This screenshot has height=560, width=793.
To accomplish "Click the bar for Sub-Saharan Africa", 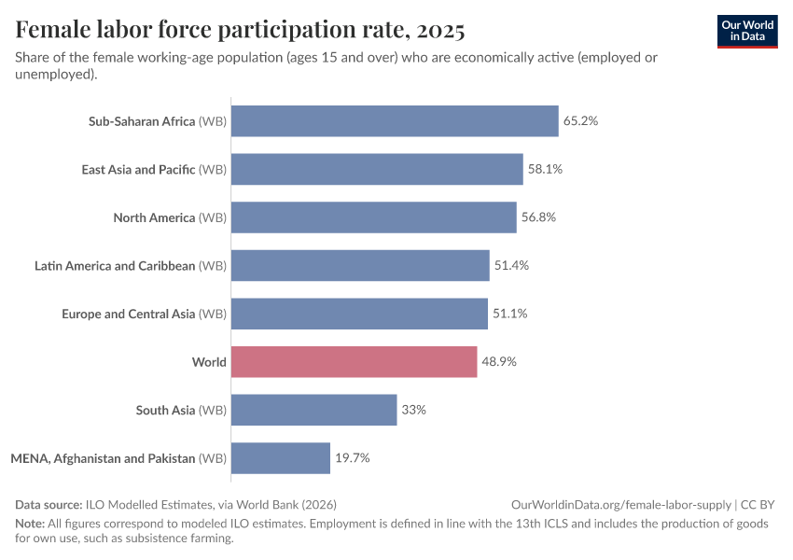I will click(394, 120).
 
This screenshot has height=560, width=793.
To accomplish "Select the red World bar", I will click(354, 361).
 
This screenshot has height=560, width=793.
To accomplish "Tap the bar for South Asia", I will click(313, 410).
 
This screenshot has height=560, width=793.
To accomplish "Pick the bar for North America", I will click(373, 217).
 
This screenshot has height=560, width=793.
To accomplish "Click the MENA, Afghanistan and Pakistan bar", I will click(280, 458).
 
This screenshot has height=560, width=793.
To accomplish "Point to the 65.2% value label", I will click(580, 120).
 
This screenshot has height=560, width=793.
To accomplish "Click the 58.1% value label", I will click(545, 169).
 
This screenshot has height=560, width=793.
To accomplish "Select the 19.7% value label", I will click(353, 458).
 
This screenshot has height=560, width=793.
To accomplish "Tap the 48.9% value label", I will click(499, 361).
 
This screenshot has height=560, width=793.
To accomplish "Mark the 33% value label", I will click(414, 410).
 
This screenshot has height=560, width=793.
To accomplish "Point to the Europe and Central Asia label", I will click(144, 314).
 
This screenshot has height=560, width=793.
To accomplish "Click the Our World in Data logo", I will click(746, 30).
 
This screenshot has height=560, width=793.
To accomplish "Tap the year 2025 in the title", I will click(441, 30).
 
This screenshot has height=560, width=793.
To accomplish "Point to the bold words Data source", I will click(49, 504).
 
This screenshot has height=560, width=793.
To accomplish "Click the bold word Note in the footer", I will click(31, 524).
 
